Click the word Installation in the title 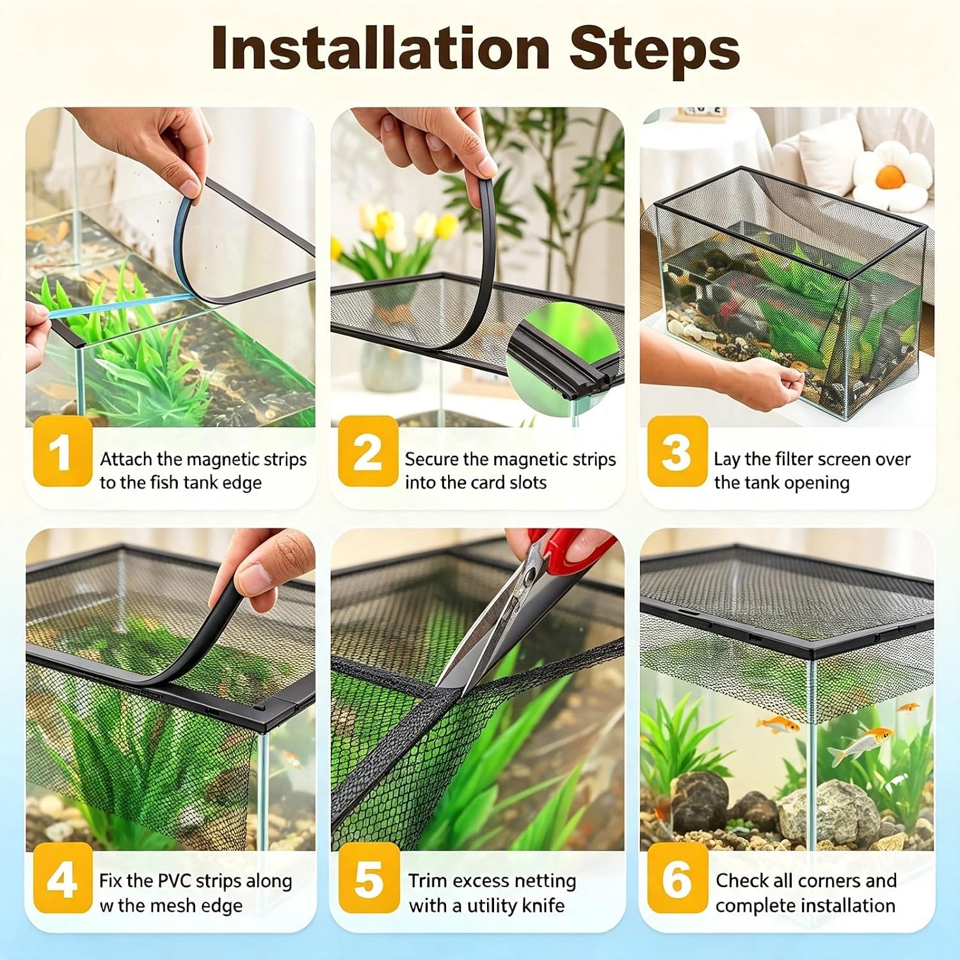(x=381, y=49)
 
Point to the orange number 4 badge (x=63, y=878)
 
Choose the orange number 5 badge (x=369, y=878)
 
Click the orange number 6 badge (x=677, y=878)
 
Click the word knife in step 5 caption (x=543, y=906)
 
